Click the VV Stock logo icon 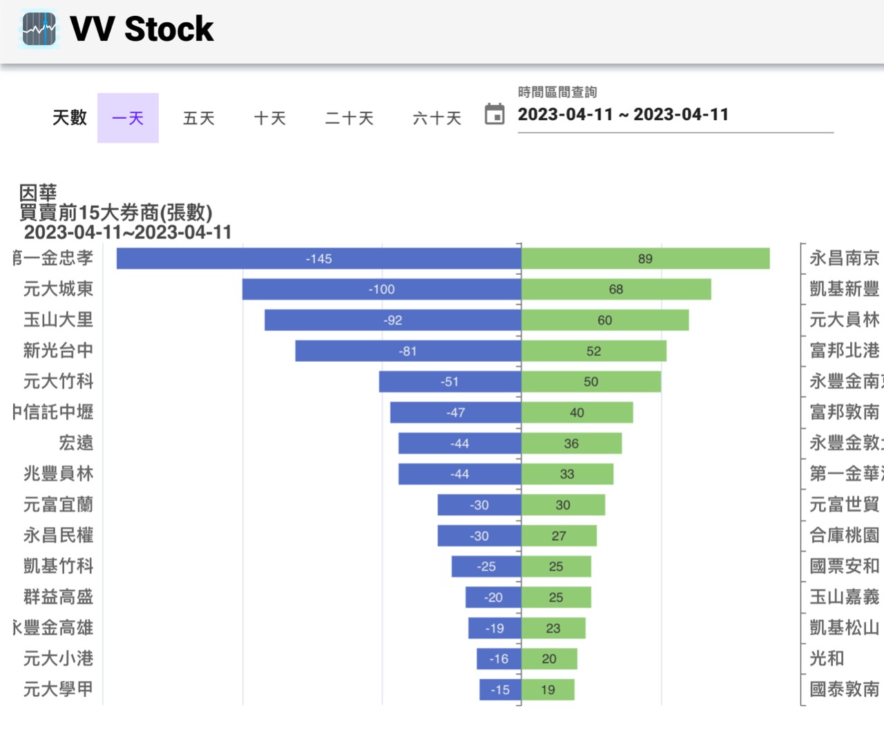coord(39,29)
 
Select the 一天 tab coord(128,118)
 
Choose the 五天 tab coord(199,118)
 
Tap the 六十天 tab coord(436,118)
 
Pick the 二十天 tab coord(349,118)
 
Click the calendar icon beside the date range coord(494,114)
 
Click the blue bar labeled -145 coord(318,258)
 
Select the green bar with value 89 coord(645,258)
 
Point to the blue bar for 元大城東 coord(381,289)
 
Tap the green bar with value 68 coord(616,289)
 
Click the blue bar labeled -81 coord(407,351)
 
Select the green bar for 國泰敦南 coord(548,689)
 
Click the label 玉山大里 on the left coord(58,320)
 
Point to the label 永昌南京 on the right coord(844,258)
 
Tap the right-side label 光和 coord(827,658)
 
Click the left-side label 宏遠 coord(76,443)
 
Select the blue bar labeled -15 coord(500,689)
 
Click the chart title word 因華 coord(38,193)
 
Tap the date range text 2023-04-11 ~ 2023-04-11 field coord(623,115)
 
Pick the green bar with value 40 coord(577,412)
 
